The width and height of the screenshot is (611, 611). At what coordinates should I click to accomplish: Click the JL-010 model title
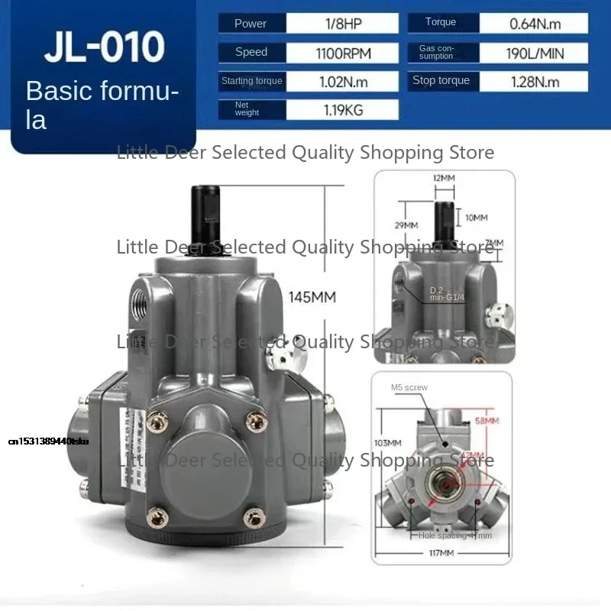(x=104, y=47)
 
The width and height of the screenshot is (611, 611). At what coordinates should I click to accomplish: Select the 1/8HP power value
(x=342, y=24)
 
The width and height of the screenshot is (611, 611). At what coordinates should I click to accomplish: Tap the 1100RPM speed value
(x=342, y=53)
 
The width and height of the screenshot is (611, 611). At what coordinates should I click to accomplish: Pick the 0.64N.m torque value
(x=535, y=24)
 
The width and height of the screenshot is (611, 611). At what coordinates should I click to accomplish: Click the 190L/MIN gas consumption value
(x=535, y=53)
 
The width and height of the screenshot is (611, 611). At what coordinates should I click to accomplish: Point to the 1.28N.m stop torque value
(x=535, y=81)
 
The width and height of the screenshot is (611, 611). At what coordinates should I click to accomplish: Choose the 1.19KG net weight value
(x=342, y=110)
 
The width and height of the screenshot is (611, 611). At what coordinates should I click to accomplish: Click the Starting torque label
(x=251, y=81)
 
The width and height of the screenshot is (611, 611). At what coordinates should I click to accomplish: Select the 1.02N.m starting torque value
(x=342, y=81)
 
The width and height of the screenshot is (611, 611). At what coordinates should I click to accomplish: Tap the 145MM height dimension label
(x=312, y=297)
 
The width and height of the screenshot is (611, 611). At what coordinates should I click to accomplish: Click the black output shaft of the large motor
(x=205, y=222)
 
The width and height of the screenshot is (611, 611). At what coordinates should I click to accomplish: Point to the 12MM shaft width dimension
(x=444, y=178)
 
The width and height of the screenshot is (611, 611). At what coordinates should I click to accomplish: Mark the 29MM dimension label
(x=406, y=225)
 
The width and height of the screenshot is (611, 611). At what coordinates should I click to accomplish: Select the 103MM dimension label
(x=388, y=443)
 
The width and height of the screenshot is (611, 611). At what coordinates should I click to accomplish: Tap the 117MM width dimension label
(x=443, y=552)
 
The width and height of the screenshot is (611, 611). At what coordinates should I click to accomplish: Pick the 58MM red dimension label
(x=487, y=421)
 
